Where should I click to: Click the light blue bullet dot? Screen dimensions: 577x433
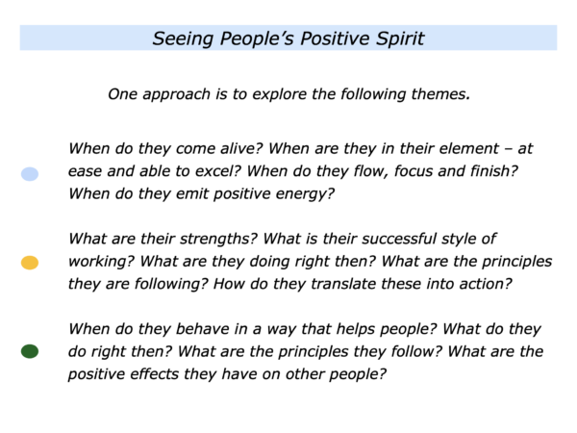[x=30, y=174]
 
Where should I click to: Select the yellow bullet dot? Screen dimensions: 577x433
[x=30, y=263]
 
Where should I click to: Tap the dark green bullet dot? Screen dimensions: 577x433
[x=30, y=351]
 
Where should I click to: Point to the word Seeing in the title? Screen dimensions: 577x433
[x=183, y=39]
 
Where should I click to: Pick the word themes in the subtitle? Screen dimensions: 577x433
[x=440, y=94]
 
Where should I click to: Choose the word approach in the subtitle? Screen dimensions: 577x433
[x=176, y=95]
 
